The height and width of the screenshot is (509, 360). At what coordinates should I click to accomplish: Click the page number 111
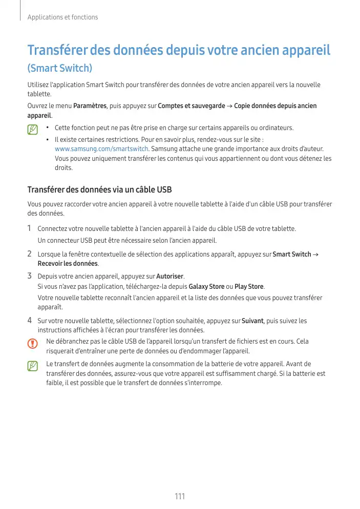(180, 496)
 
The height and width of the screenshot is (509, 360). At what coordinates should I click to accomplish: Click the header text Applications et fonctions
(62, 17)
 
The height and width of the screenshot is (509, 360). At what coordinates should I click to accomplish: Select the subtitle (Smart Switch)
(59, 68)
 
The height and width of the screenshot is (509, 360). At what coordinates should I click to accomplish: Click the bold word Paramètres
(90, 106)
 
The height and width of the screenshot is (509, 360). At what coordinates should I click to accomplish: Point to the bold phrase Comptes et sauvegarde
(192, 106)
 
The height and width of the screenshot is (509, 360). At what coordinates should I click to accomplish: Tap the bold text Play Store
(249, 286)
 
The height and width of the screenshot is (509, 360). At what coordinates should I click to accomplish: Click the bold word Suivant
(252, 321)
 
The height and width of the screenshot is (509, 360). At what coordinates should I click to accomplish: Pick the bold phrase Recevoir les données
(68, 264)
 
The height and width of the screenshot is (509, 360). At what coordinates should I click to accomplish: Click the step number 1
(30, 228)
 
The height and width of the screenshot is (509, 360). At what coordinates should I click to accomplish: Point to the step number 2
(30, 254)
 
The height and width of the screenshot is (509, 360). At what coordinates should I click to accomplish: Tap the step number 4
(30, 321)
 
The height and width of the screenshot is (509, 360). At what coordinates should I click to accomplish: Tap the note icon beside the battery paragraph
(33, 366)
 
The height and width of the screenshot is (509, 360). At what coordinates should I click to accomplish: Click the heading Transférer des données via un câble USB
(99, 190)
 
